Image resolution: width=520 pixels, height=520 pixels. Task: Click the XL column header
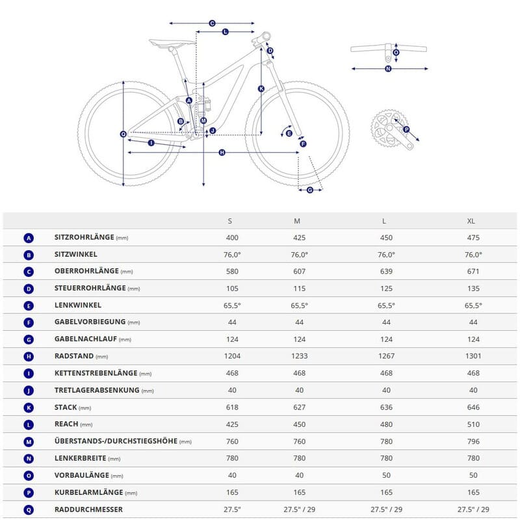point(471,221)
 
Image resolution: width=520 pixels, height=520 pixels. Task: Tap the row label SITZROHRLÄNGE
point(84,238)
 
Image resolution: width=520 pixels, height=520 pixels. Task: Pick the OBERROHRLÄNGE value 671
point(473,272)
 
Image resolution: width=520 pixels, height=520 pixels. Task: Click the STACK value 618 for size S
point(232,407)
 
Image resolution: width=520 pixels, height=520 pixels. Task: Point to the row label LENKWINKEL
point(77,305)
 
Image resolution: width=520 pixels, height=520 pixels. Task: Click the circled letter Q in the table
point(28,509)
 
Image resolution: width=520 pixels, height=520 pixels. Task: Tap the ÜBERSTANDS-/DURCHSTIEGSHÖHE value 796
point(473,441)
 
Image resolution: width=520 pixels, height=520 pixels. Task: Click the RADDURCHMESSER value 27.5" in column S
point(232,509)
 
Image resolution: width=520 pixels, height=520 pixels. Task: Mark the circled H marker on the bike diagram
point(222,152)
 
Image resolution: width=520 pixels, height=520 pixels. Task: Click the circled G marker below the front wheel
point(310,190)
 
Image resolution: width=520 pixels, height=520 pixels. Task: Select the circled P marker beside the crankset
point(407,129)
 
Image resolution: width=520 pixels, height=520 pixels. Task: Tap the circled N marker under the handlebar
point(388,68)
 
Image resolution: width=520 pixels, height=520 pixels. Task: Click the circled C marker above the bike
point(212,23)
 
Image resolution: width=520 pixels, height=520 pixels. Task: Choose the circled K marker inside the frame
point(261,88)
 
